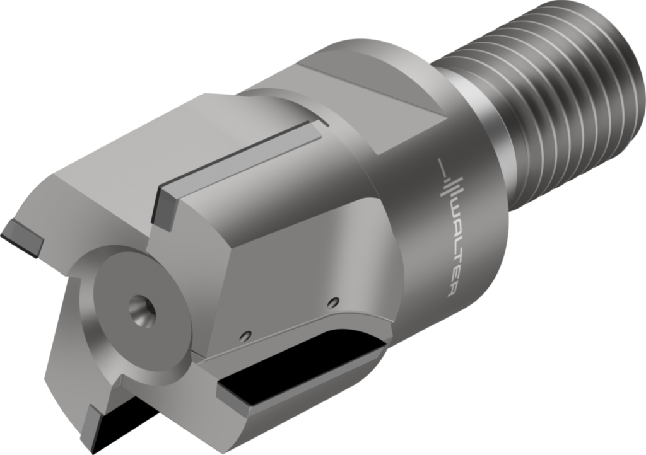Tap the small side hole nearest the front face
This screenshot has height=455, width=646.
pyautogui.click(x=246, y=335)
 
